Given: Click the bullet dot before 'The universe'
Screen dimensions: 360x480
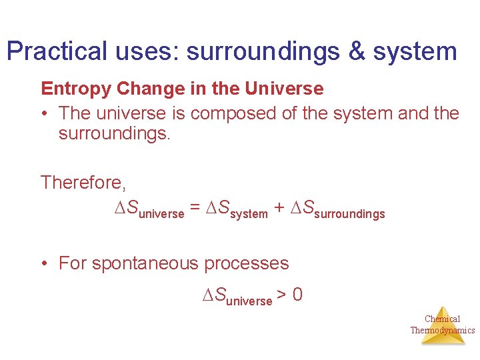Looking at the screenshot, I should [44, 114].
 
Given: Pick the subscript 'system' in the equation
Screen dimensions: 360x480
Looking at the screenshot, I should [249, 214].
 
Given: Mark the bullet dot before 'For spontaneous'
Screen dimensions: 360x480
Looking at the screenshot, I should [44, 264].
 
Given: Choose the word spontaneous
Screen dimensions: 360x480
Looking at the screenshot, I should [146, 263].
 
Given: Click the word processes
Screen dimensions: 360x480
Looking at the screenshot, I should [247, 263].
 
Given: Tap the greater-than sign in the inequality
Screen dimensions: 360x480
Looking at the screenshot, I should [282, 295].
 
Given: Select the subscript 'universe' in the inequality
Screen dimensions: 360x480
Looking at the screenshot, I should [249, 301].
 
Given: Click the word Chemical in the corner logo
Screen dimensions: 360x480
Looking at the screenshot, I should [443, 319].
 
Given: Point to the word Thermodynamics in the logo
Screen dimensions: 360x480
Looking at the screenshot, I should [443, 330].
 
